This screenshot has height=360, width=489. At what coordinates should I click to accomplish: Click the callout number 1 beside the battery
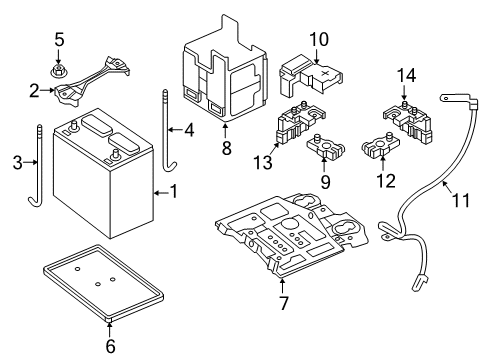174,190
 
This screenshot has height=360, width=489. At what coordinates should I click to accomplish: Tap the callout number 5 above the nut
59,40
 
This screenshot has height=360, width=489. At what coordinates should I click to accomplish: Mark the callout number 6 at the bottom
110,346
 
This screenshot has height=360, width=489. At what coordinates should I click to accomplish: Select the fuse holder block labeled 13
304,129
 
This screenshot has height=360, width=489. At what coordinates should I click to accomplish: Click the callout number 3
14,163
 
